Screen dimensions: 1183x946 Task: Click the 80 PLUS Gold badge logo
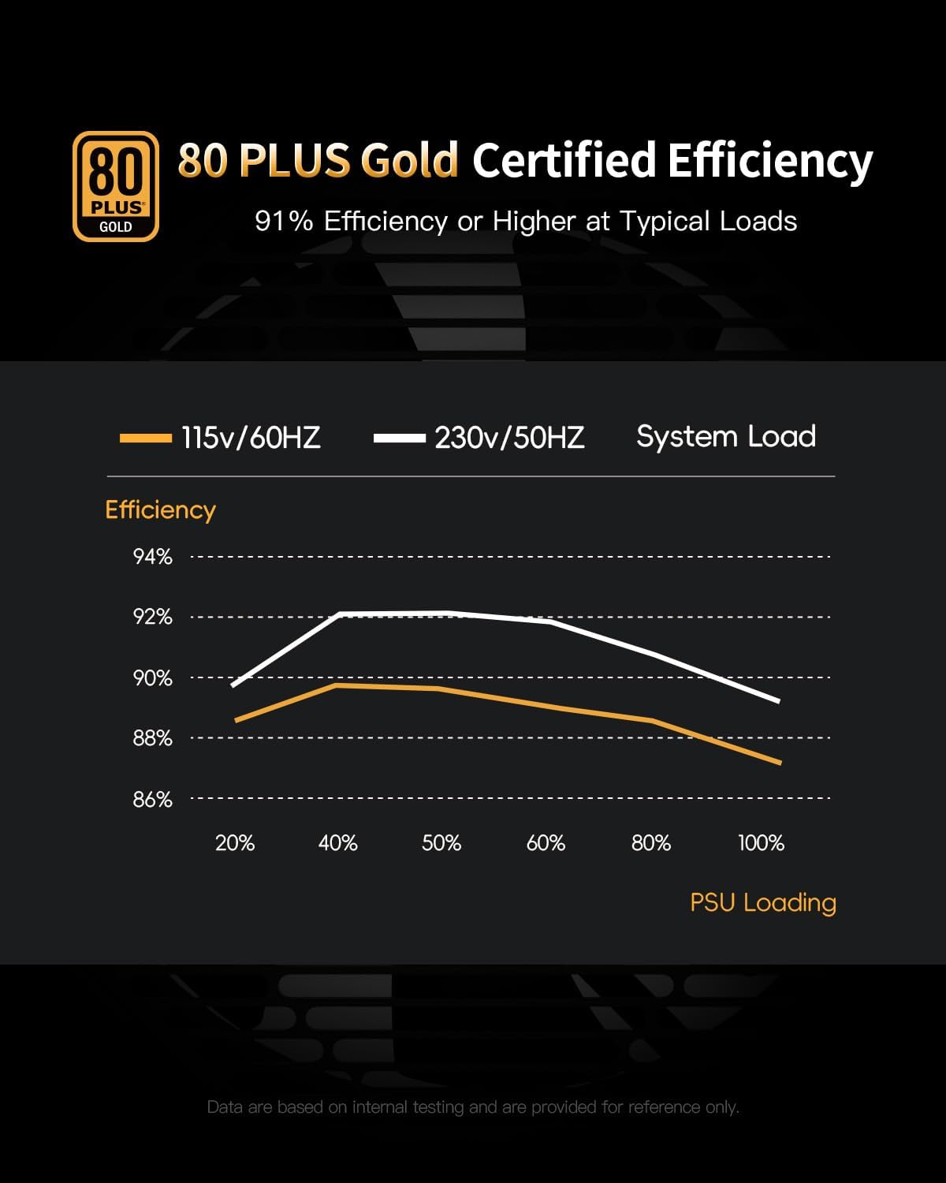pyautogui.click(x=116, y=186)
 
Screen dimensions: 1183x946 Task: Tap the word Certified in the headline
pyautogui.click(x=564, y=160)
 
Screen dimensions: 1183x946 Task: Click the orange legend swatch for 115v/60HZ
pyautogui.click(x=145, y=438)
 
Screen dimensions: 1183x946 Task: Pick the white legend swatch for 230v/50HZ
pyautogui.click(x=400, y=438)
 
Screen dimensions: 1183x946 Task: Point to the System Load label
pyautogui.click(x=725, y=436)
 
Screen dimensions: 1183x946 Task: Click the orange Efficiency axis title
pyautogui.click(x=160, y=509)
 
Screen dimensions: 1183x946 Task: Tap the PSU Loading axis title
pyautogui.click(x=762, y=902)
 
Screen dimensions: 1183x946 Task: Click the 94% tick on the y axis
pyautogui.click(x=152, y=557)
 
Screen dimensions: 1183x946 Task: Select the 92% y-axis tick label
pyautogui.click(x=152, y=617)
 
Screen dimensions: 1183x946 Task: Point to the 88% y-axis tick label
pyautogui.click(x=152, y=738)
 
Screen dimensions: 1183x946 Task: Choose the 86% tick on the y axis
pyautogui.click(x=152, y=799)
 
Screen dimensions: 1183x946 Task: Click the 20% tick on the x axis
pyautogui.click(x=235, y=843)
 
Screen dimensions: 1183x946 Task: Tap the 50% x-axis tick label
pyautogui.click(x=441, y=843)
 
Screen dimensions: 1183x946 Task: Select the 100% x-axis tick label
pyautogui.click(x=761, y=843)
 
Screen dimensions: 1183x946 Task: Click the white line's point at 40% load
pyautogui.click(x=339, y=614)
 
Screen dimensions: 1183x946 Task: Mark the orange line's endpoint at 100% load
pyautogui.click(x=780, y=763)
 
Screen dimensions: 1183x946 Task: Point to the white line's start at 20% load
pyautogui.click(x=233, y=685)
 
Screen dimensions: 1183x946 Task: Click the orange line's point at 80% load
pyautogui.click(x=652, y=720)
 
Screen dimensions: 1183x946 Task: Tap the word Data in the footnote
pyautogui.click(x=224, y=1107)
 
